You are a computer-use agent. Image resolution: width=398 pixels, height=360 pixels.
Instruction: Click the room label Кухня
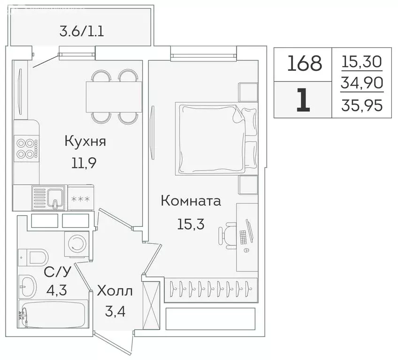pyautogui.click(x=85, y=142)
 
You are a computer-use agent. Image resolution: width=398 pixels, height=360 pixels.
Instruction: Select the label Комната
pyautogui.click(x=191, y=202)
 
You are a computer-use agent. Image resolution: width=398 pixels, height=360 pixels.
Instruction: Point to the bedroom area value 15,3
pyautogui.click(x=190, y=224)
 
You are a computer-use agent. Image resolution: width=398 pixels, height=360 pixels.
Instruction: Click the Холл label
pyautogui.click(x=115, y=291)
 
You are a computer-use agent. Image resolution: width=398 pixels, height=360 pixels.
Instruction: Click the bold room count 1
pyautogui.click(x=303, y=100)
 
